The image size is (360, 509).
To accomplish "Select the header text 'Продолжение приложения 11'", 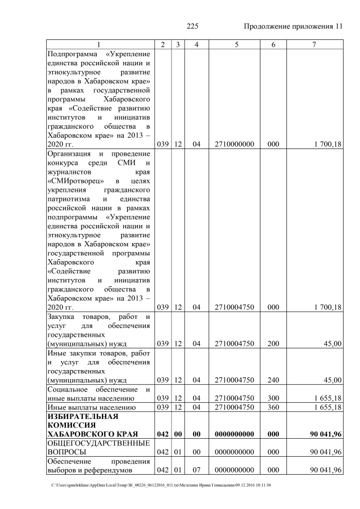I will click(x=293, y=26).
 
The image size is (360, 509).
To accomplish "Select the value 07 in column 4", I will click(x=197, y=470).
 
